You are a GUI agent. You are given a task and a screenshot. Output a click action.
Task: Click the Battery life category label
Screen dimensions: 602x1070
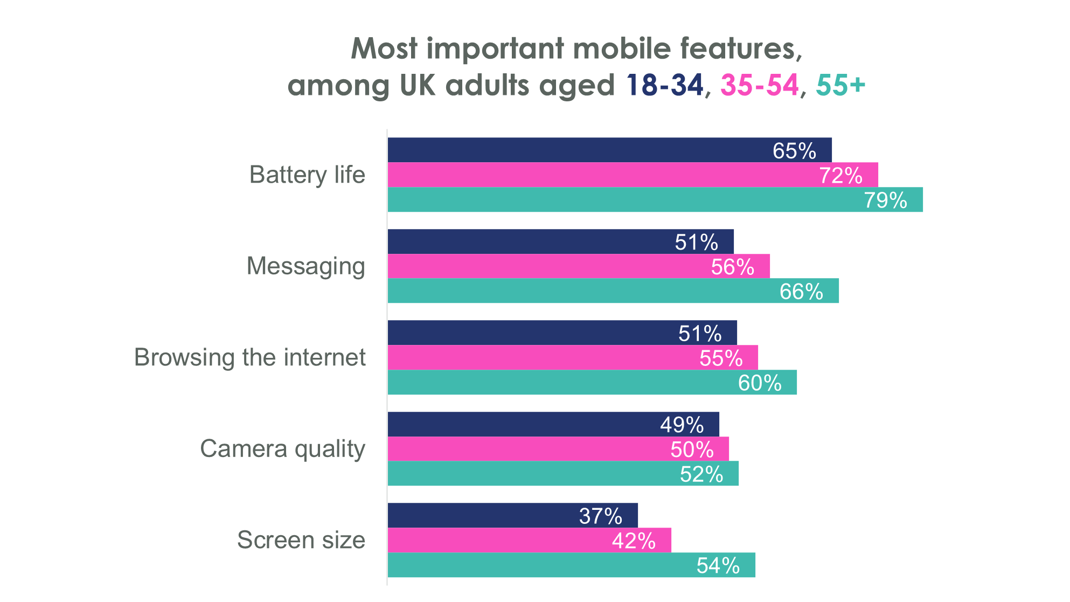307,175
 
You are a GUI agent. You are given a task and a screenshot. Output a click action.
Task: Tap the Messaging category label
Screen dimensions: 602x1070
305,266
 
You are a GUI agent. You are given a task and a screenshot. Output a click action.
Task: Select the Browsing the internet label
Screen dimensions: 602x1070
250,357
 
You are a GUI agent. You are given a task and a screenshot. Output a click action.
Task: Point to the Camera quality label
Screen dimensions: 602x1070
282,448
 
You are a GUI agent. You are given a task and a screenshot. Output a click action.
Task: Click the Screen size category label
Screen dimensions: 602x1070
301,540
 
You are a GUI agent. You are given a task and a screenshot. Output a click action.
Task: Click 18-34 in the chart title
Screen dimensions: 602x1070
665,85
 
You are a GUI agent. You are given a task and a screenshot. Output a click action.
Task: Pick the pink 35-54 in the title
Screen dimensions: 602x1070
759,85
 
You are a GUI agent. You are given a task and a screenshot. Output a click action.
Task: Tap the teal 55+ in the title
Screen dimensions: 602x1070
840,85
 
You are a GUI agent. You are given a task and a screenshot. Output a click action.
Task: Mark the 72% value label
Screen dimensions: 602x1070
840,176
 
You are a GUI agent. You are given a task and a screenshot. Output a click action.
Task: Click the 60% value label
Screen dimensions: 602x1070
760,383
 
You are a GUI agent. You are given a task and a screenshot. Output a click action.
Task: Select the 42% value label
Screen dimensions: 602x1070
634,541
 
